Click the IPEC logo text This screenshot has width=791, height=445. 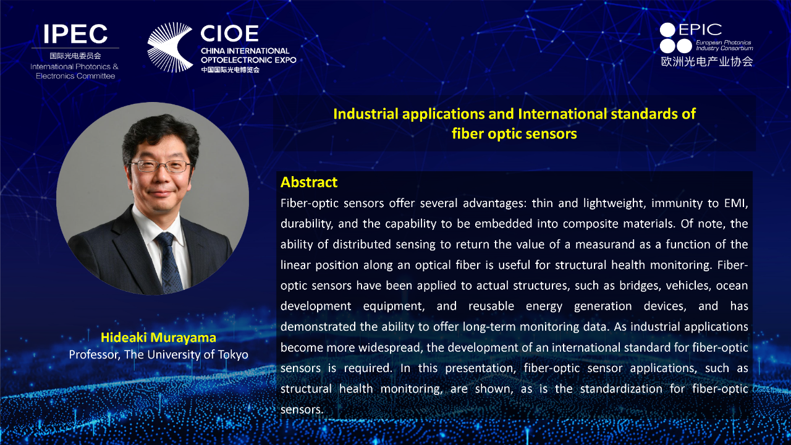pyautogui.click(x=75, y=34)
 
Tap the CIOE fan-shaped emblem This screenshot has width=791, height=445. pyautogui.click(x=169, y=48)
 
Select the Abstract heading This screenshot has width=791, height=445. pyautogui.click(x=309, y=182)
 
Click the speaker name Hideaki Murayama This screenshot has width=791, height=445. pyautogui.click(x=158, y=337)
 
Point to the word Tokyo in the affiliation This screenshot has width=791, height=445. pyautogui.click(x=233, y=355)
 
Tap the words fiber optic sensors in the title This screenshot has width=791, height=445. pyautogui.click(x=514, y=134)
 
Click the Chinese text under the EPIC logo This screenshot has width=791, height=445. pyautogui.click(x=707, y=61)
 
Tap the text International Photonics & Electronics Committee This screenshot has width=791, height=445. pyautogui.click(x=75, y=71)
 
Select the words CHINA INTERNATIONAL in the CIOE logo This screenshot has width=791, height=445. pyautogui.click(x=245, y=51)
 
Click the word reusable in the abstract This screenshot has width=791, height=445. pyautogui.click(x=491, y=306)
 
